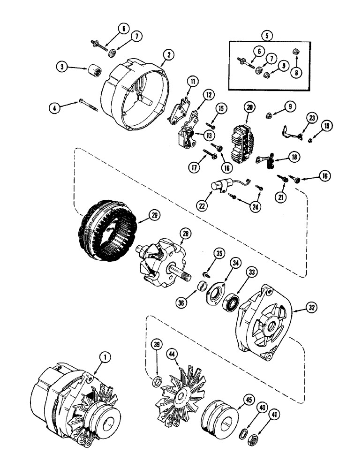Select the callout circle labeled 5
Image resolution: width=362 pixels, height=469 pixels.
(267, 35)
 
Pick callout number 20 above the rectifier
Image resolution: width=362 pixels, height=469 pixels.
(249, 107)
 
